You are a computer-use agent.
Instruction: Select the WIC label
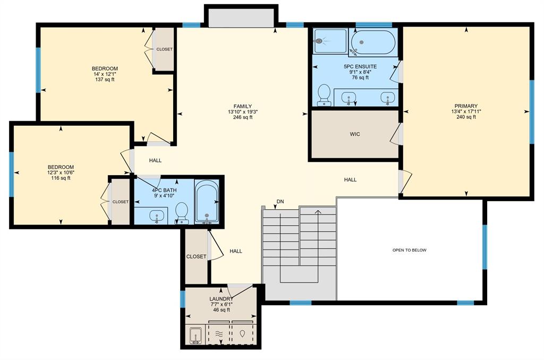click(355, 134)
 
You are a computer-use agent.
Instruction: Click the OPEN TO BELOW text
click(409, 250)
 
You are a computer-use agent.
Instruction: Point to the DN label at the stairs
click(280, 201)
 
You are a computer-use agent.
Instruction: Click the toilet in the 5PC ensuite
click(324, 95)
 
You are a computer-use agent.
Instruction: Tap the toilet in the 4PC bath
click(182, 212)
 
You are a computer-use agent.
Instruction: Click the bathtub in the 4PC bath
click(206, 202)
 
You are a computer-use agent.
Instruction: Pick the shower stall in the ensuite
click(329, 40)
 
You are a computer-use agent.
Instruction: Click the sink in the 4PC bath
click(157, 216)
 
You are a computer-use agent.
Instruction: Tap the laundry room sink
click(196, 336)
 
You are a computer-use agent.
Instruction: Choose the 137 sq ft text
click(105, 80)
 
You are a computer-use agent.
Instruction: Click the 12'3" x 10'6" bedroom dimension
click(61, 173)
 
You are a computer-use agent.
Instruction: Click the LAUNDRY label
click(221, 299)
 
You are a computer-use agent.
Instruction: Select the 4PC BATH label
click(164, 190)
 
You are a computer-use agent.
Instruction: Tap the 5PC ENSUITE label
click(360, 66)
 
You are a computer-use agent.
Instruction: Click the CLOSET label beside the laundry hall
click(196, 256)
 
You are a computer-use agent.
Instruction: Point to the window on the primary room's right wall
click(531, 112)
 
